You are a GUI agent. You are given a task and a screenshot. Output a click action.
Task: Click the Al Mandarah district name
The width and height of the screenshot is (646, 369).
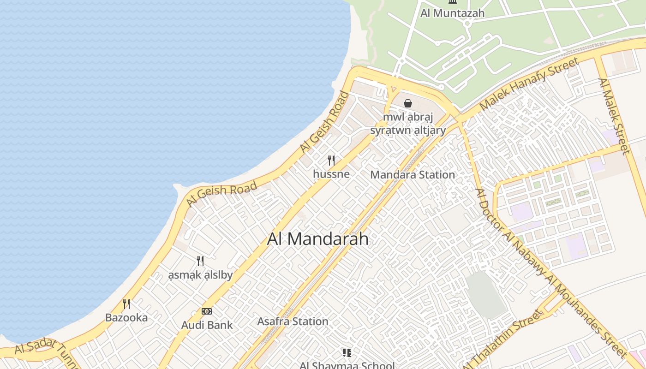(318, 239)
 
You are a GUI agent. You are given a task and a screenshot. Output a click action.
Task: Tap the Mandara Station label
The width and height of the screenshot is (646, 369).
(413, 175)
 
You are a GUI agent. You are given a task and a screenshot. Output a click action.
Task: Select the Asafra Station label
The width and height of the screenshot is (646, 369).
(293, 321)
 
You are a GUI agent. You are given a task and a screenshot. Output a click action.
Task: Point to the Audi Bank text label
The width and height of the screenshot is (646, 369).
(207, 325)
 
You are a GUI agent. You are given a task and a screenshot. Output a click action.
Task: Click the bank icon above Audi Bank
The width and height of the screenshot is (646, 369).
(207, 311)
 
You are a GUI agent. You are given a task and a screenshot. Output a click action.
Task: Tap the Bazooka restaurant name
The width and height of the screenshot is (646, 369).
(126, 317)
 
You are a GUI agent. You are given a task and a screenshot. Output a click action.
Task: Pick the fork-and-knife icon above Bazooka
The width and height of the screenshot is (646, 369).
(126, 304)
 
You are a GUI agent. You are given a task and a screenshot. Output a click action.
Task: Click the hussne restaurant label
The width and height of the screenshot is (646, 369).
(331, 174)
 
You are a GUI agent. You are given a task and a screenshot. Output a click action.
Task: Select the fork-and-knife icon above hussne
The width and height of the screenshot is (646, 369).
(331, 161)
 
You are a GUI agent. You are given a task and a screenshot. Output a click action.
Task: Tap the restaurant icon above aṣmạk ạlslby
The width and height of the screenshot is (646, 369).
(200, 261)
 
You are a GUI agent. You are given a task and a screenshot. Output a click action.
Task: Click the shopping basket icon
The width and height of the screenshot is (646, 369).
(408, 103)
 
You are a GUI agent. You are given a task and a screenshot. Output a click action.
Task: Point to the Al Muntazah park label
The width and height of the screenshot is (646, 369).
(452, 13)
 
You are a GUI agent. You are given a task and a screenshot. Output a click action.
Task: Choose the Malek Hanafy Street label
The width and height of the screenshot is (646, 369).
(529, 84)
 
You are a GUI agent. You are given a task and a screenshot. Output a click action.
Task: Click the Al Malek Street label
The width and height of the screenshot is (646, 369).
(614, 116)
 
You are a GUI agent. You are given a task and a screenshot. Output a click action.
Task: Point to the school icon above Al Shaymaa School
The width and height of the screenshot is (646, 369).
(347, 353)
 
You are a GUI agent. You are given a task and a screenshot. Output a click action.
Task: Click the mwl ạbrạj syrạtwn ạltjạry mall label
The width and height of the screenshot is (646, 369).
(408, 123)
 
